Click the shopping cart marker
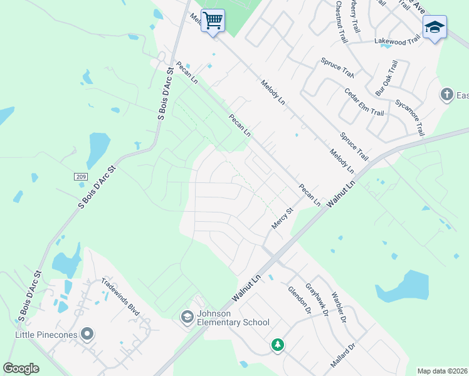[213, 21]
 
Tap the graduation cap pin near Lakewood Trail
[435, 28]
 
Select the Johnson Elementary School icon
[187, 318]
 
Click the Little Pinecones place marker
[87, 335]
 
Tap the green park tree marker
[277, 345]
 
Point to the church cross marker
[446, 95]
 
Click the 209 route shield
[80, 177]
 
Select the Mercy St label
[283, 219]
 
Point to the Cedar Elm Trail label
[364, 102]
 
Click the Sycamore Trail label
[409, 117]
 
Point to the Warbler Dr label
[339, 306]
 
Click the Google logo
[21, 368]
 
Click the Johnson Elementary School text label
[233, 318]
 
